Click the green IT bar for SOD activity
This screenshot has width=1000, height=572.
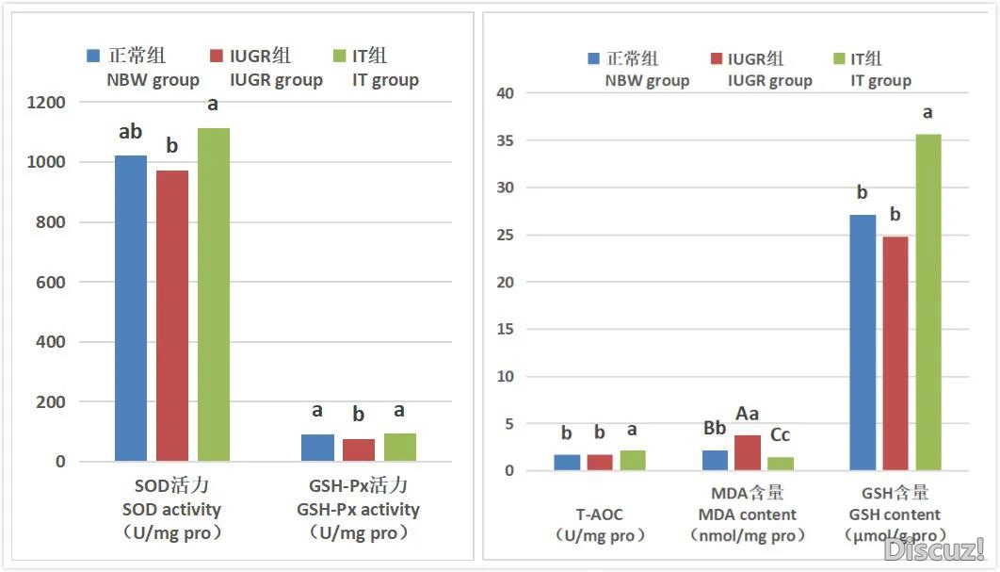click(x=213, y=294)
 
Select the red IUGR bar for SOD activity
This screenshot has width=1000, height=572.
click(x=172, y=316)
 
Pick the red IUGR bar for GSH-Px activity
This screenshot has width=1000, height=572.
click(x=359, y=449)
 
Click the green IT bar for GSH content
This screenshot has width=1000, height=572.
click(x=928, y=302)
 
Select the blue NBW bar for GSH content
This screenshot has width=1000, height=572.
click(x=863, y=342)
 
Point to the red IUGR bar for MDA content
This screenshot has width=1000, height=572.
click(x=748, y=452)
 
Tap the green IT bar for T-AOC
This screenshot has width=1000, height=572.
click(x=633, y=460)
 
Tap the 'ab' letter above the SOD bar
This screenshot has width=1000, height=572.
click(x=131, y=133)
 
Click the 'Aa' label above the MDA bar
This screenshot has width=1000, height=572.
click(x=748, y=414)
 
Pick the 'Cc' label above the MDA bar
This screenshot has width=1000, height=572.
click(x=780, y=434)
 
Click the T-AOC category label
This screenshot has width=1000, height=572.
click(x=600, y=515)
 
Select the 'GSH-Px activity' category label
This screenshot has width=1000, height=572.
click(x=358, y=509)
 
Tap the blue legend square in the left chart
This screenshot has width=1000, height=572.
click(x=93, y=56)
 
